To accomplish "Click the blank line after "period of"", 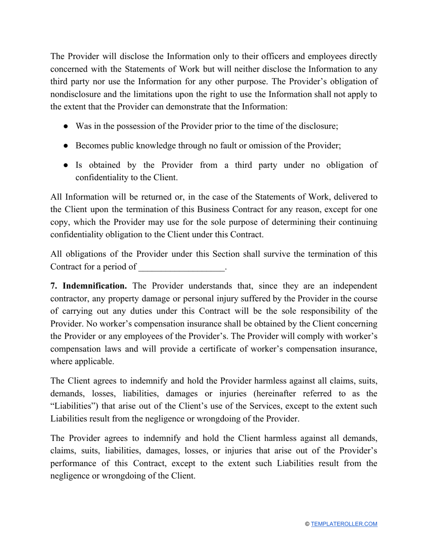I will point(181,267).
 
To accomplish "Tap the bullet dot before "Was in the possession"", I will point(65,126).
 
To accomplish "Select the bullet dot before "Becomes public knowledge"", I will point(65,145).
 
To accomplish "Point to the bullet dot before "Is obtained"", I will point(65,165).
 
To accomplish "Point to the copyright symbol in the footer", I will point(307,524).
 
